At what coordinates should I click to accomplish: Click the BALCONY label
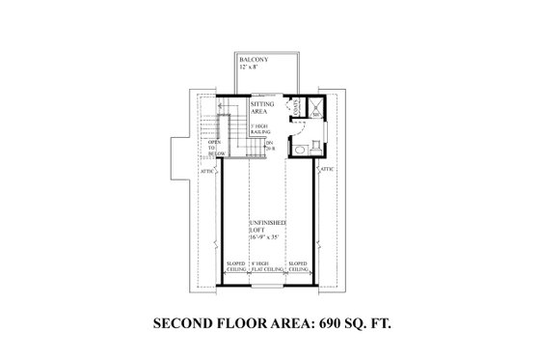tap(255, 60)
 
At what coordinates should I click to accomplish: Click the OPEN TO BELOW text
tap(216, 152)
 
